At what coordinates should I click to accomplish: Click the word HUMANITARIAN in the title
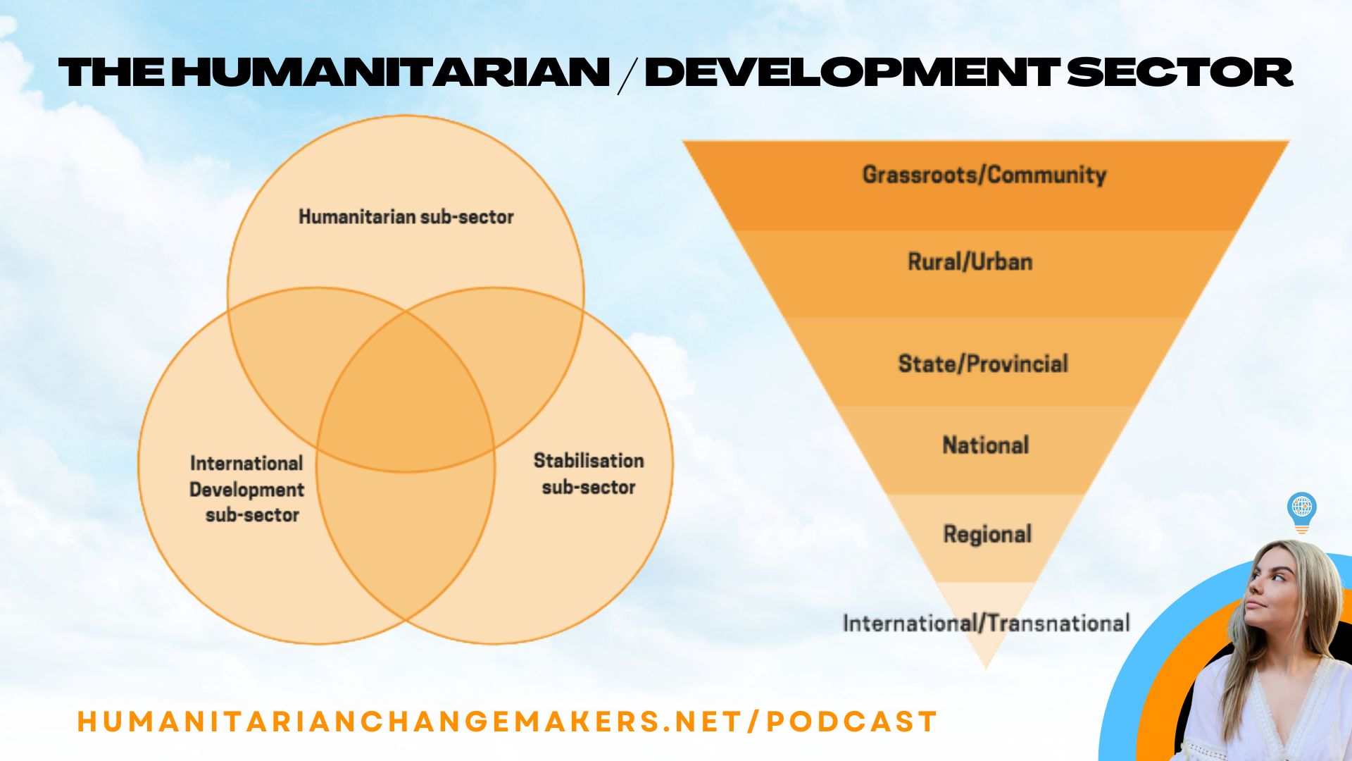[391, 73]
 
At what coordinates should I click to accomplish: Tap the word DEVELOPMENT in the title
[852, 73]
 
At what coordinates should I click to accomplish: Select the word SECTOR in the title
[1180, 73]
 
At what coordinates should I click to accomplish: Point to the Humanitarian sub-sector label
[406, 217]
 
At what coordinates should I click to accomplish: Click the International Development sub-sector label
[246, 489]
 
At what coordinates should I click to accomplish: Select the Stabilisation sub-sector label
[589, 474]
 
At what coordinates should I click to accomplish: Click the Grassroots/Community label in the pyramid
[984, 175]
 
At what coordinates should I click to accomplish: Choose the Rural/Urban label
[970, 262]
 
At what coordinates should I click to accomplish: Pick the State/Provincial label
[983, 364]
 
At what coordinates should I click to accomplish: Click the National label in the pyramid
[986, 445]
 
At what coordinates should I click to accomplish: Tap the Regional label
[987, 534]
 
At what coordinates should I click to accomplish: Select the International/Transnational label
[986, 623]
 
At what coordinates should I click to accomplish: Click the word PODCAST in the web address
[852, 722]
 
